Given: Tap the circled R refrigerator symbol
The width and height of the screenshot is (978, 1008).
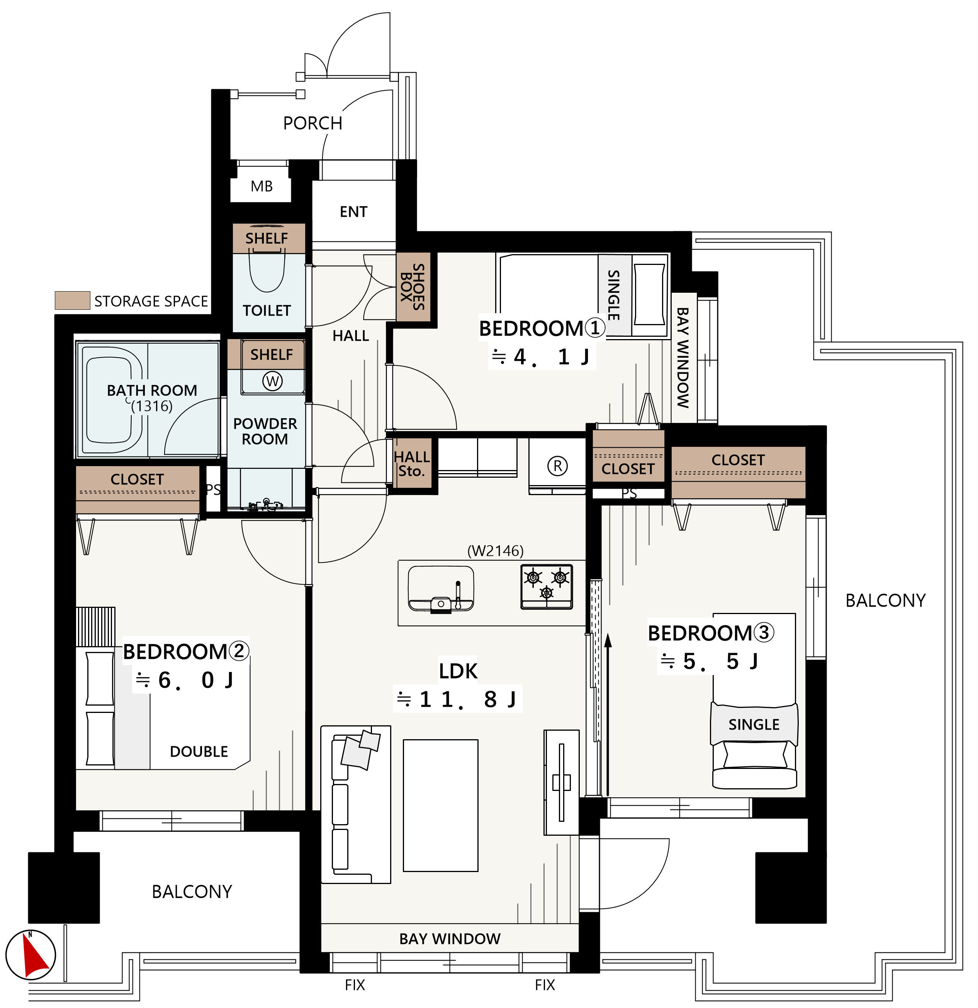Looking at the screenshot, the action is (x=557, y=466).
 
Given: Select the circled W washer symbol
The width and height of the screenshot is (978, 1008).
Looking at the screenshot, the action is (x=272, y=381).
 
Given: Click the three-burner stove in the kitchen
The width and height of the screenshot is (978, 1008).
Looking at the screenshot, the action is (x=547, y=587).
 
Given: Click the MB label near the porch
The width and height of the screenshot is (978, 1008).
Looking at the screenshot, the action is (x=261, y=186).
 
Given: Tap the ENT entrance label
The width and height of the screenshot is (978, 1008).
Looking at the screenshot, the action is (x=353, y=212).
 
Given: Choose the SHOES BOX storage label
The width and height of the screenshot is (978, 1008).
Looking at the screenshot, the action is (x=413, y=287).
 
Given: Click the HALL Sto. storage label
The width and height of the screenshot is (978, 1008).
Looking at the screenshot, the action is (x=412, y=464).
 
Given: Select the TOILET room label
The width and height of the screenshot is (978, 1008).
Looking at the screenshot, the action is (x=267, y=311).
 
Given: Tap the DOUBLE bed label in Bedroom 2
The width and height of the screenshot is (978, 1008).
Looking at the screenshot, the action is (x=199, y=752).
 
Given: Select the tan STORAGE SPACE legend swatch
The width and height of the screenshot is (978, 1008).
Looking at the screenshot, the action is (x=73, y=300).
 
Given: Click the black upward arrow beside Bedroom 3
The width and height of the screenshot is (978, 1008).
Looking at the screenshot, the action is (x=608, y=714).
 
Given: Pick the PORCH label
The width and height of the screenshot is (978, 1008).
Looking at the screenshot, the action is (x=312, y=124).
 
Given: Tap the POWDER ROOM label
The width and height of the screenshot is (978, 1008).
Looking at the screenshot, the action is (x=265, y=431).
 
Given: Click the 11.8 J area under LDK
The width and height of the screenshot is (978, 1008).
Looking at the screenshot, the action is (x=457, y=699).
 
